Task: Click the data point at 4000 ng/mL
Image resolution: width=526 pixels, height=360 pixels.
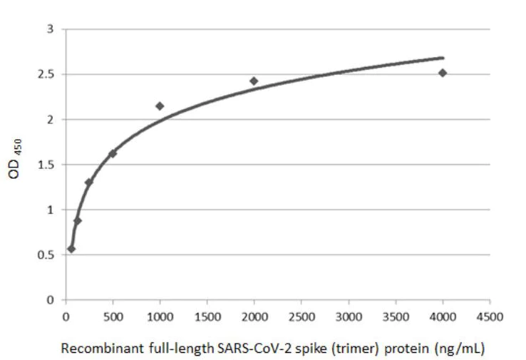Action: [443, 73]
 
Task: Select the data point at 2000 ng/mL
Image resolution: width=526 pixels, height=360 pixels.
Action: [254, 81]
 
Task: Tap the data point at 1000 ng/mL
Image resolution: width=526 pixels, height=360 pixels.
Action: [160, 106]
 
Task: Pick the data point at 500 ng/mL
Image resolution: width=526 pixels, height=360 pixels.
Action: [113, 153]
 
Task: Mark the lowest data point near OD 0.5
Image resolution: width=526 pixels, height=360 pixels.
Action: [71, 249]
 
